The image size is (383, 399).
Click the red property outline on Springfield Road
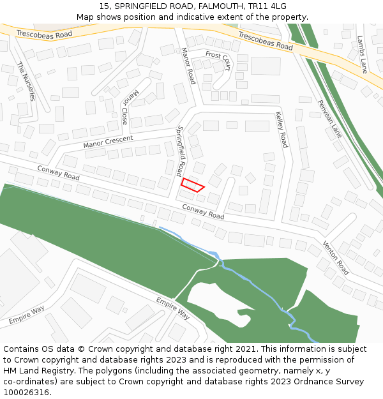click(x=192, y=185)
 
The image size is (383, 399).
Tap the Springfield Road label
click(x=181, y=151)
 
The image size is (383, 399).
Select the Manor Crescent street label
click(x=108, y=142)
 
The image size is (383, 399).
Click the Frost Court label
click(x=218, y=61)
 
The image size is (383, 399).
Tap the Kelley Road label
click(x=281, y=130)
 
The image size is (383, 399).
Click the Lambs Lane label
click(x=363, y=54)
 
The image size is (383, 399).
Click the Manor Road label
click(x=188, y=66)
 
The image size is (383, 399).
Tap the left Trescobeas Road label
click(x=40, y=33)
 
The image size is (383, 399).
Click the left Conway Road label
click(x=58, y=172)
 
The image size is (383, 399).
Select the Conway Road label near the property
click(x=203, y=211)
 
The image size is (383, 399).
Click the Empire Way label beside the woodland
click(x=173, y=308)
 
